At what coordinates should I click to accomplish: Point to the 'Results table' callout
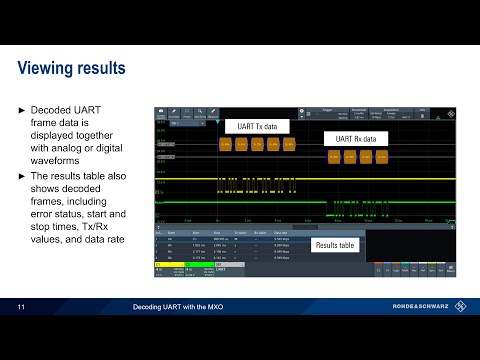tap(335, 244)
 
